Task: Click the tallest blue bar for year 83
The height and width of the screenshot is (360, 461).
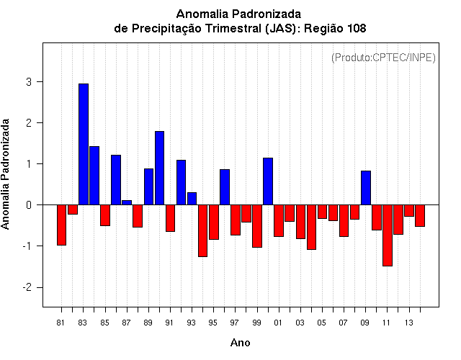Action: tap(84, 144)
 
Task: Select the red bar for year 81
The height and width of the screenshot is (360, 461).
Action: tap(62, 225)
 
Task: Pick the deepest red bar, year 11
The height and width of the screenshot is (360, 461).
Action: tap(388, 235)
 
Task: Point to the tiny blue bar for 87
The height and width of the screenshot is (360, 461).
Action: tap(127, 202)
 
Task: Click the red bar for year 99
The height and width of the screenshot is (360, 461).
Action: tap(257, 226)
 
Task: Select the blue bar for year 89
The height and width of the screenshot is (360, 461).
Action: tap(148, 186)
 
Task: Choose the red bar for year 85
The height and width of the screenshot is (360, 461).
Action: tap(105, 215)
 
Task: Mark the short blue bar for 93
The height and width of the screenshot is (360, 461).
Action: tap(192, 199)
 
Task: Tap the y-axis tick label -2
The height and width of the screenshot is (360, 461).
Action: tap(28, 287)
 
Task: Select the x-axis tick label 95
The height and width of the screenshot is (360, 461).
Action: tap(213, 322)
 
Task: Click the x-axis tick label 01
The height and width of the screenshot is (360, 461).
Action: tap(278, 322)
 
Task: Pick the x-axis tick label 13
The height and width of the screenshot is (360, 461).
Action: tap(408, 322)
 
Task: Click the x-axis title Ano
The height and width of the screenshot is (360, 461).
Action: tap(240, 343)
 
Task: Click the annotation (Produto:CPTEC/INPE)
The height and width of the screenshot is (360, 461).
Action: tap(383, 57)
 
